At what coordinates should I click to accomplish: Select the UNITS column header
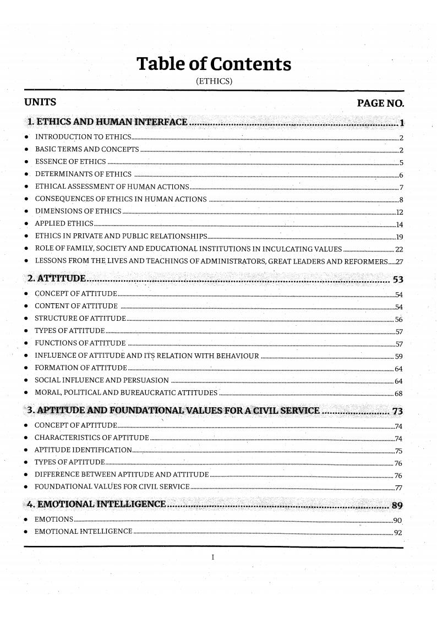[40, 102]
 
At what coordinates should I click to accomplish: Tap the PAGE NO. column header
[380, 103]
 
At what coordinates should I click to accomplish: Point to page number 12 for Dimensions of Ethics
[400, 212]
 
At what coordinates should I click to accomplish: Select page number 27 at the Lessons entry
[400, 262]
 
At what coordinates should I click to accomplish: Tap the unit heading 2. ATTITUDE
[56, 277]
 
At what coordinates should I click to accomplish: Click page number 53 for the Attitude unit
[399, 278]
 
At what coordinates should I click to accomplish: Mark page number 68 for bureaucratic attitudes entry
[399, 393]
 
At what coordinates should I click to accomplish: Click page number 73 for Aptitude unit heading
[398, 412]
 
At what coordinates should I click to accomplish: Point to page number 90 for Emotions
[399, 519]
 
